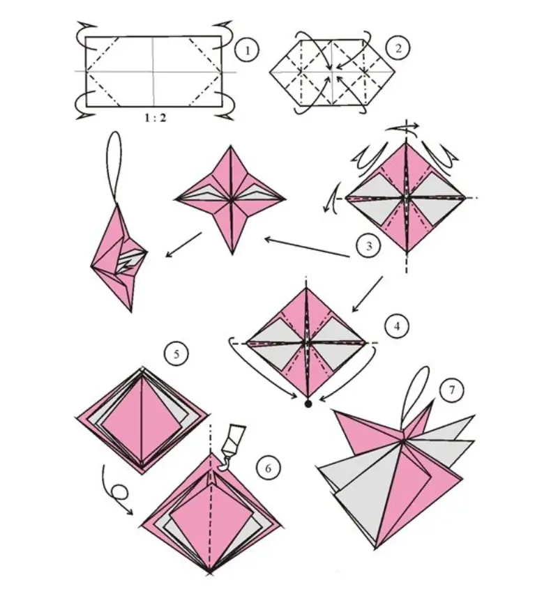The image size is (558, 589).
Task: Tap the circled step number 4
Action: [x=396, y=326]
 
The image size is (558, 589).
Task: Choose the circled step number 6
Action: [x=266, y=468]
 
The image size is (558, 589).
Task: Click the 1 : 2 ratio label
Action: [x=155, y=118]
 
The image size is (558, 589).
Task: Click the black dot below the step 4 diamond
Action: [x=308, y=402]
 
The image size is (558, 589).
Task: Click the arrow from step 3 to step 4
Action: [x=366, y=293]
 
